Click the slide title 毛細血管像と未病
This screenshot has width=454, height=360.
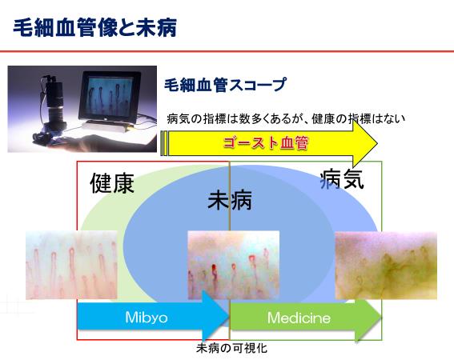click(94, 28)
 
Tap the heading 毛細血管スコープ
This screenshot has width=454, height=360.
click(226, 85)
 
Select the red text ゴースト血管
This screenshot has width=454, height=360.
click(266, 143)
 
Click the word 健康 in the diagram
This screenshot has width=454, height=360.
click(112, 183)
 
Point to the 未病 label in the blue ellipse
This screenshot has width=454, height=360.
click(230, 200)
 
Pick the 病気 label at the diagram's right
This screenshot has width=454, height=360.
click(342, 179)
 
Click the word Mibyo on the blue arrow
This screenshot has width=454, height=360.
click(147, 318)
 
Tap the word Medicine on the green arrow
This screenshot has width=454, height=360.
click(299, 318)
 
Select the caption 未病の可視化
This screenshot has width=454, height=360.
click(231, 348)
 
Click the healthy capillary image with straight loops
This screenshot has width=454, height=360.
click(71, 265)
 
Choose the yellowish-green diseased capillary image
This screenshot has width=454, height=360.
click(386, 266)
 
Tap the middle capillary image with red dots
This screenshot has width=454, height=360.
click(234, 265)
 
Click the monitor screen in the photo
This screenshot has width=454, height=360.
click(110, 97)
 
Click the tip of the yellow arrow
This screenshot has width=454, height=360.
click(378, 143)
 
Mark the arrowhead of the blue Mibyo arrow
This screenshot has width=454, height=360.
click(229, 317)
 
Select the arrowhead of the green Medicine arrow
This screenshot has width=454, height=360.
click(381, 317)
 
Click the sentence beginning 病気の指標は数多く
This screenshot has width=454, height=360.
click(286, 119)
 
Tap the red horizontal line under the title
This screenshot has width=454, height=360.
click(227, 51)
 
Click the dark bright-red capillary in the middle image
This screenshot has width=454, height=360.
click(214, 270)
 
